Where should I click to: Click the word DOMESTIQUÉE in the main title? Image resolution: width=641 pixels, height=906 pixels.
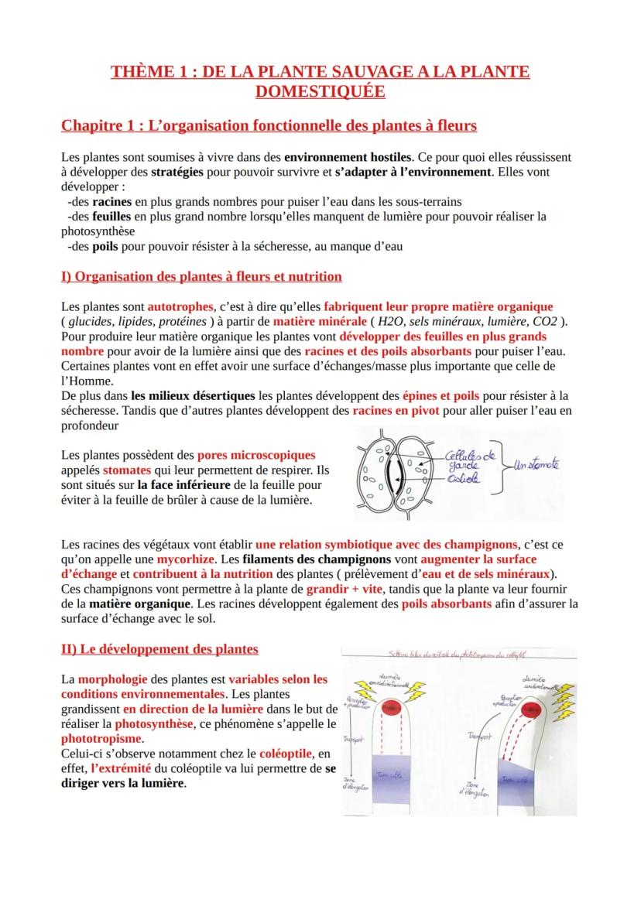pyautogui.click(x=320, y=91)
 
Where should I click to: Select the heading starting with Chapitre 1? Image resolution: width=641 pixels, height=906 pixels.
pyautogui.click(x=269, y=125)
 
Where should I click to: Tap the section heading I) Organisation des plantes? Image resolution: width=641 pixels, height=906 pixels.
pyautogui.click(x=201, y=276)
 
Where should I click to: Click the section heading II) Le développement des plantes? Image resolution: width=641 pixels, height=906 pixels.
pyautogui.click(x=159, y=648)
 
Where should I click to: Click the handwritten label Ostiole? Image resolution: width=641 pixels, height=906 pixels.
pyautogui.click(x=463, y=480)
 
